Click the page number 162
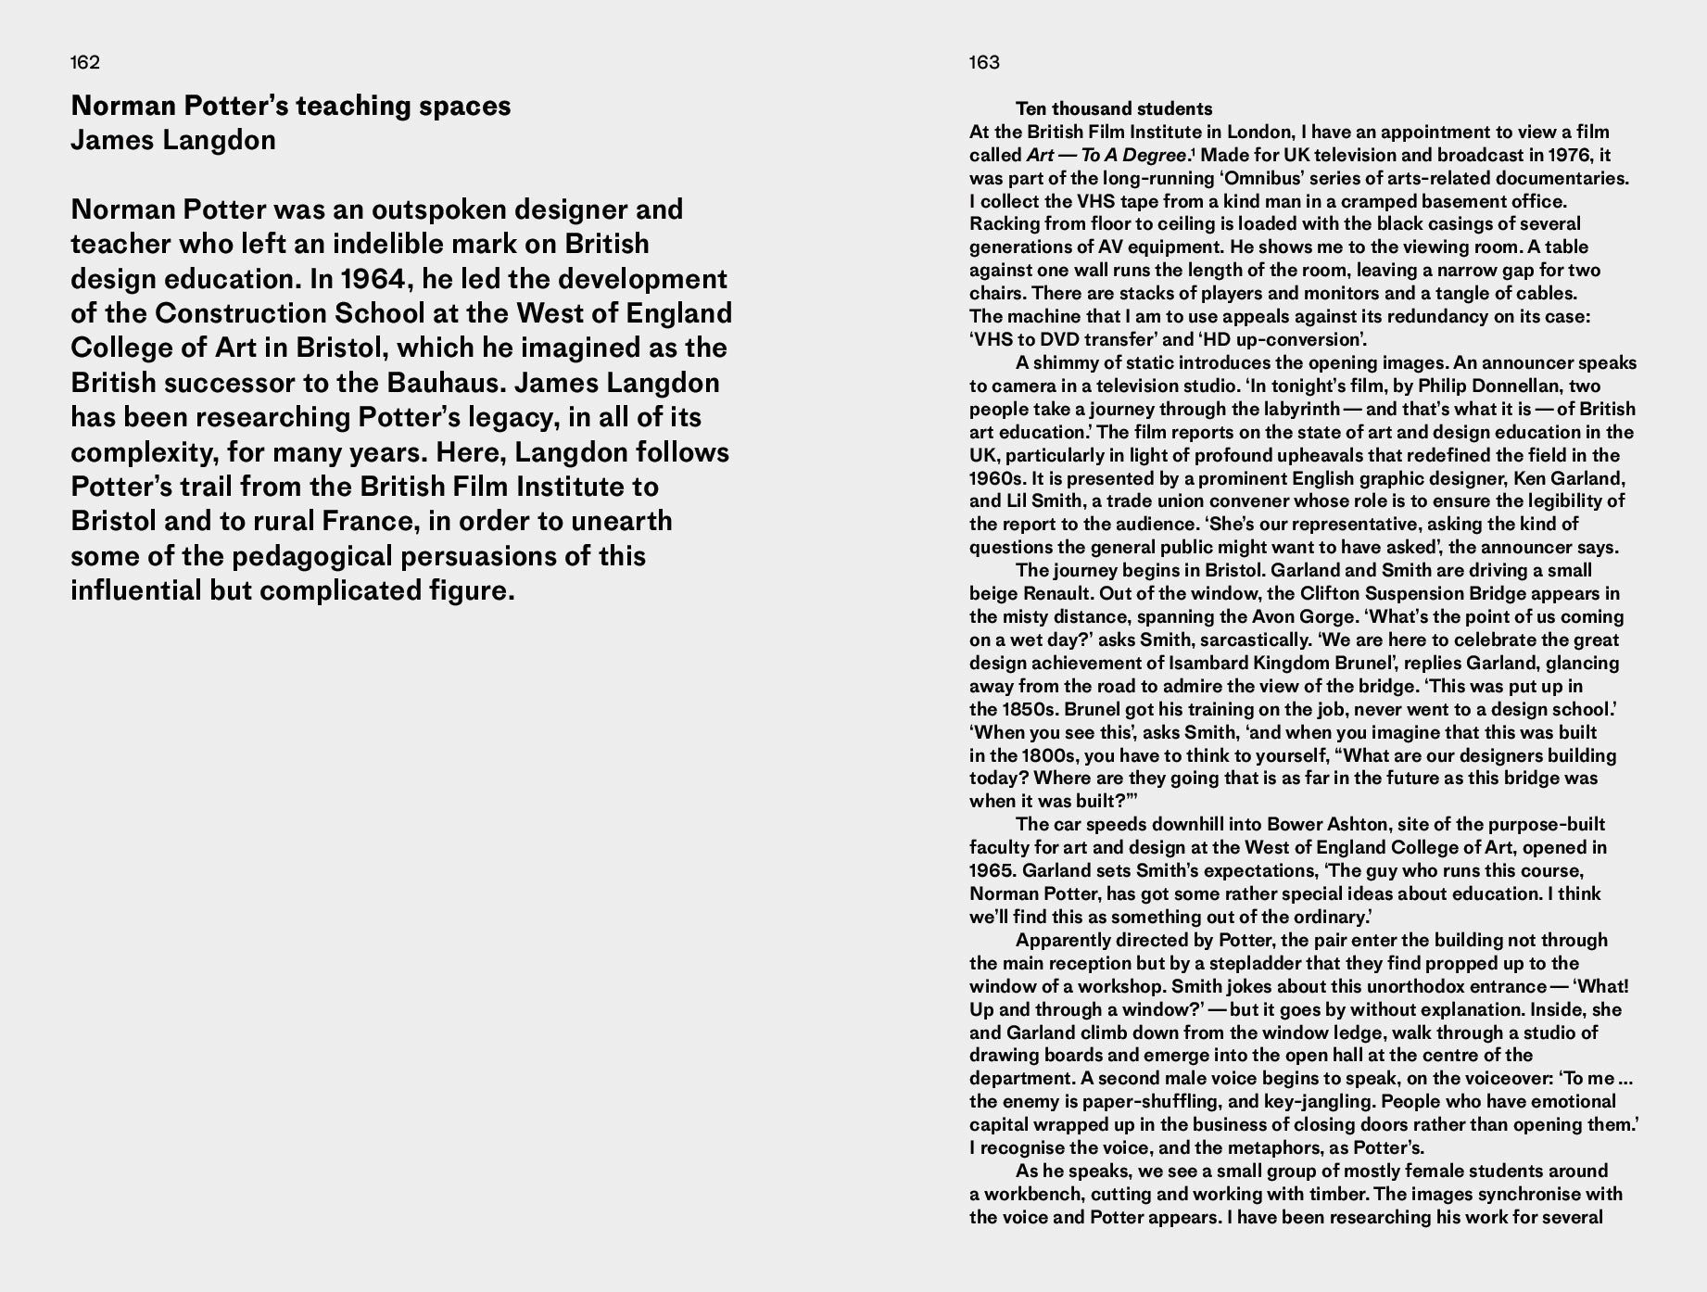[85, 63]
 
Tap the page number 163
[984, 63]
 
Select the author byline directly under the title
[173, 141]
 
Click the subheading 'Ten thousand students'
[1114, 109]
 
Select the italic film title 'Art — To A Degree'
[1106, 156]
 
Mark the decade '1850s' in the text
[1029, 709]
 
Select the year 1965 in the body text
[993, 871]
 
